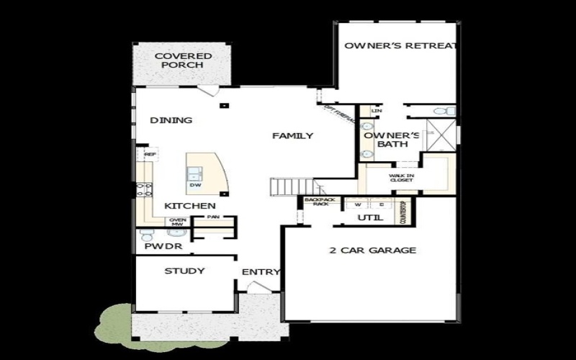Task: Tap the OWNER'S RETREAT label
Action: click(400, 46)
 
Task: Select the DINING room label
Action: click(171, 120)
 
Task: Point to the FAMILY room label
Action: click(292, 135)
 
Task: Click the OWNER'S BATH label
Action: click(391, 140)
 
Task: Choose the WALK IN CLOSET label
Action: click(400, 177)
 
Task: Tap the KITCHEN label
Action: click(190, 206)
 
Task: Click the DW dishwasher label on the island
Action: click(194, 185)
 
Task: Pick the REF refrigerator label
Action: click(150, 154)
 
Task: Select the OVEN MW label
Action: click(177, 222)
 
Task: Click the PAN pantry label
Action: click(212, 216)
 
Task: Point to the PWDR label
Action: click(162, 247)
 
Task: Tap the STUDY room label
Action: click(184, 271)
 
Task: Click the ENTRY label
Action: click(259, 272)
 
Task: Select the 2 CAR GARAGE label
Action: click(373, 251)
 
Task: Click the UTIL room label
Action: click(370, 217)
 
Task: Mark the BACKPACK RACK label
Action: click(316, 202)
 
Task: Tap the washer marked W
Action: click(356, 203)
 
